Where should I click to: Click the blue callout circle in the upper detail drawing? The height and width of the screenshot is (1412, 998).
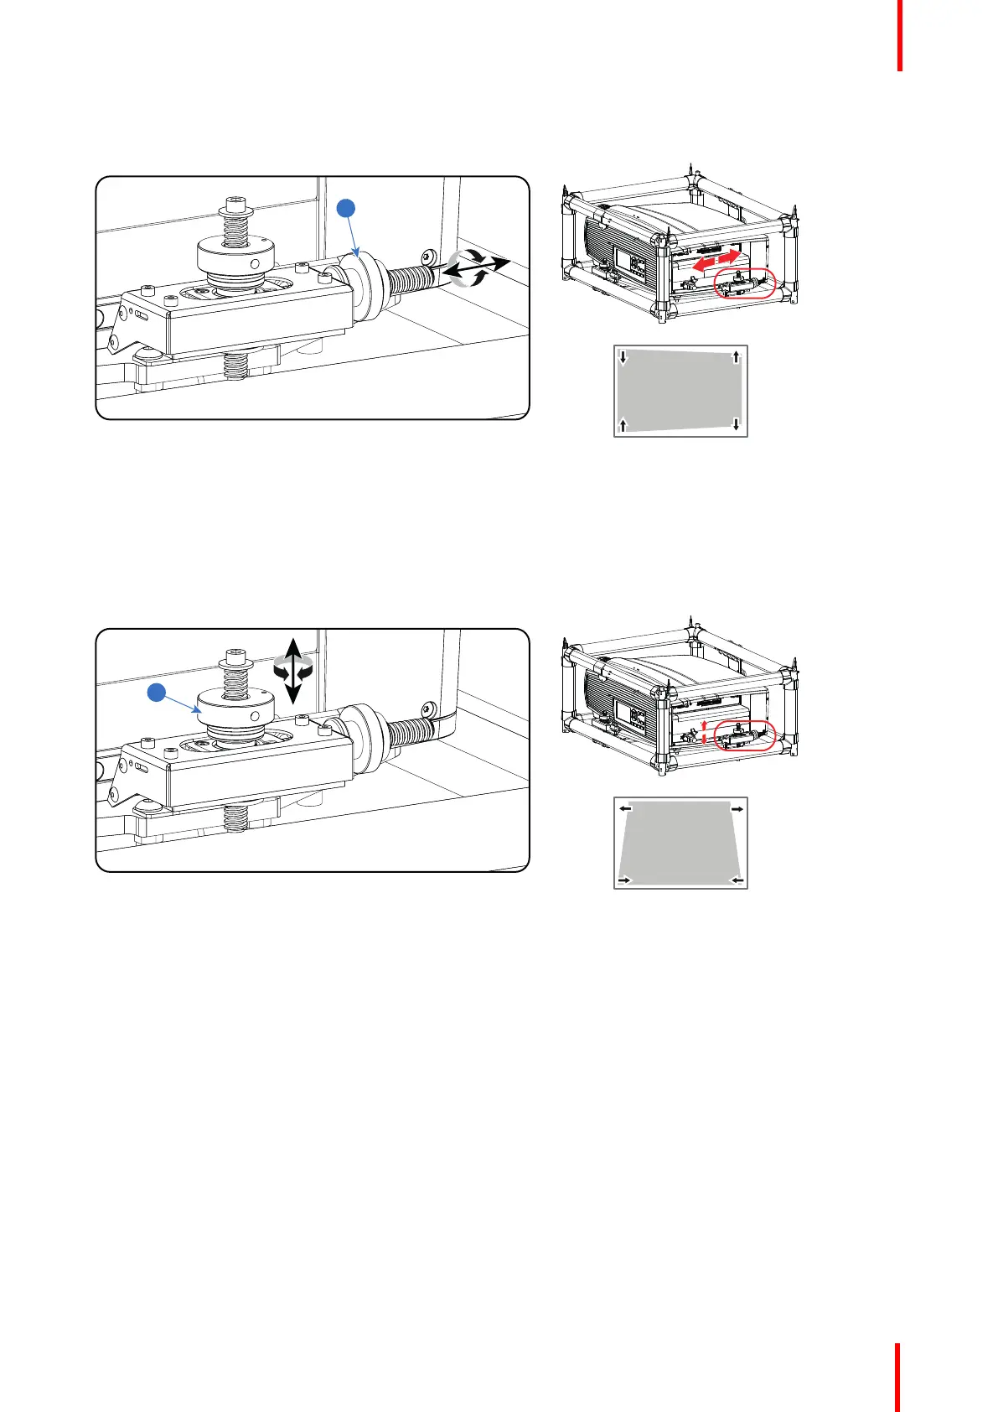tap(347, 208)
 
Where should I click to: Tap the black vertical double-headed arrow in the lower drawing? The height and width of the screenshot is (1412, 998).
tap(292, 669)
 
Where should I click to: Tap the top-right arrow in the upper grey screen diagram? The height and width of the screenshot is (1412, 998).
tap(736, 357)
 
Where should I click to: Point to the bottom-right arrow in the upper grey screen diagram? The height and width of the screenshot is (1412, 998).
tap(736, 423)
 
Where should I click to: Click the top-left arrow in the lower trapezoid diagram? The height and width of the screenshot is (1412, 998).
tap(625, 809)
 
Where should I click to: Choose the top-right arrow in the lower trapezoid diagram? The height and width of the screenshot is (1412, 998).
tap(737, 809)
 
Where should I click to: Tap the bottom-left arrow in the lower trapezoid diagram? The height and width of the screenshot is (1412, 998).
tap(624, 880)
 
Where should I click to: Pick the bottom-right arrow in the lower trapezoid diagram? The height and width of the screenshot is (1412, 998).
tap(737, 880)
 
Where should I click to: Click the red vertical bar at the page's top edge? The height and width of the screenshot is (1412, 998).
tap(900, 35)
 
